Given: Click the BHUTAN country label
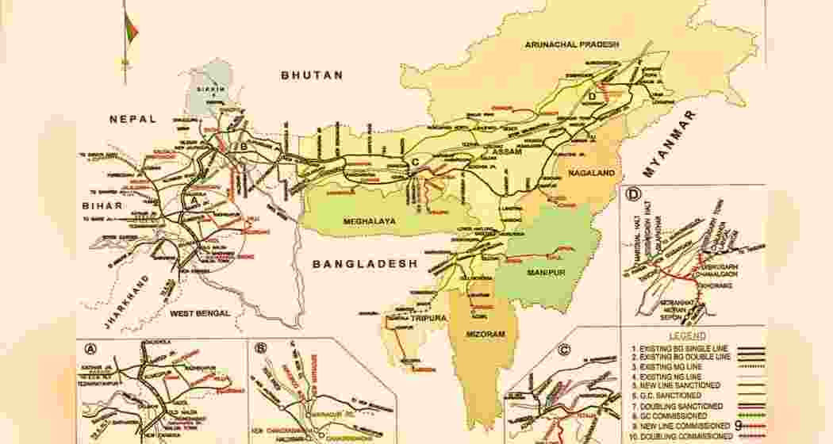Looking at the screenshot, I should click(312, 75).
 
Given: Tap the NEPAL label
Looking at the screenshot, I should click(133, 119).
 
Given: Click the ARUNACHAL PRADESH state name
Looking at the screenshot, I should click(571, 45).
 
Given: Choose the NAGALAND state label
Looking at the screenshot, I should click(591, 171).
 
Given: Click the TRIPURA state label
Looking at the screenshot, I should click(428, 318).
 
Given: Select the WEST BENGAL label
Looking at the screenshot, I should click(200, 313).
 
